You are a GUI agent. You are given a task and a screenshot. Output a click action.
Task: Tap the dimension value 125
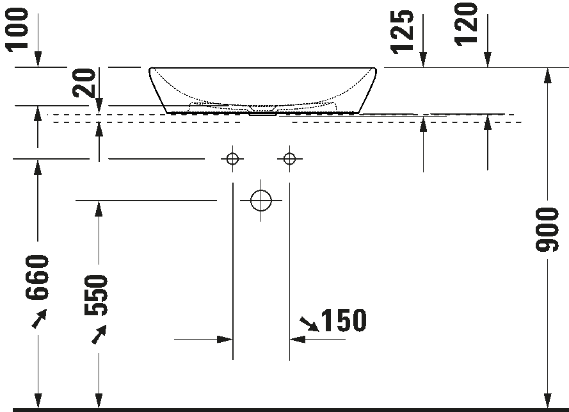click(404, 32)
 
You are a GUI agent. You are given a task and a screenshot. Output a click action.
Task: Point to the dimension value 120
click(467, 23)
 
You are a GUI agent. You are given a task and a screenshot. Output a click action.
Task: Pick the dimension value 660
click(38, 277)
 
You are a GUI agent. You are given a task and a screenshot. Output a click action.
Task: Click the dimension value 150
click(343, 321)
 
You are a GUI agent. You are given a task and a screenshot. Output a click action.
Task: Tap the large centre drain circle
click(261, 201)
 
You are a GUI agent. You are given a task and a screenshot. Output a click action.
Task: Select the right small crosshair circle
click(290, 158)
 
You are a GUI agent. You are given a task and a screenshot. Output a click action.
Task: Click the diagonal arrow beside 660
click(39, 318)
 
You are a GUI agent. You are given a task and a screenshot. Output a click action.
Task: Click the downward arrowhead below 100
click(38, 60)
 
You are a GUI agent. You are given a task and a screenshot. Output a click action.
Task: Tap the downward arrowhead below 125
click(423, 61)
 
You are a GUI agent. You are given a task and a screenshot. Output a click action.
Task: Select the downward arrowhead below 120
click(488, 61)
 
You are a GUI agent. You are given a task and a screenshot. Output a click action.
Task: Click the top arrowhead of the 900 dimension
click(547, 75)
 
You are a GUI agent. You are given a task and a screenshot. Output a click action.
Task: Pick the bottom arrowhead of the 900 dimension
click(547, 400)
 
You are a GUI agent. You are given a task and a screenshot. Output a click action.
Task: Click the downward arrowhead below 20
click(99, 108)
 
